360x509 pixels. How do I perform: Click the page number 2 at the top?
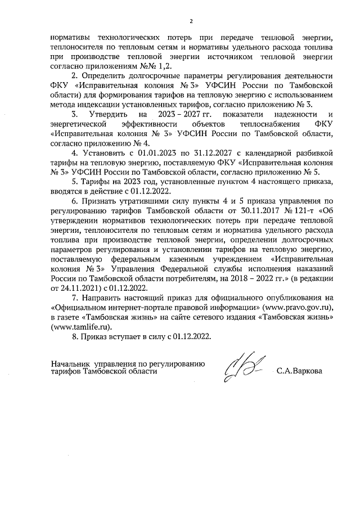tap(191, 21)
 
